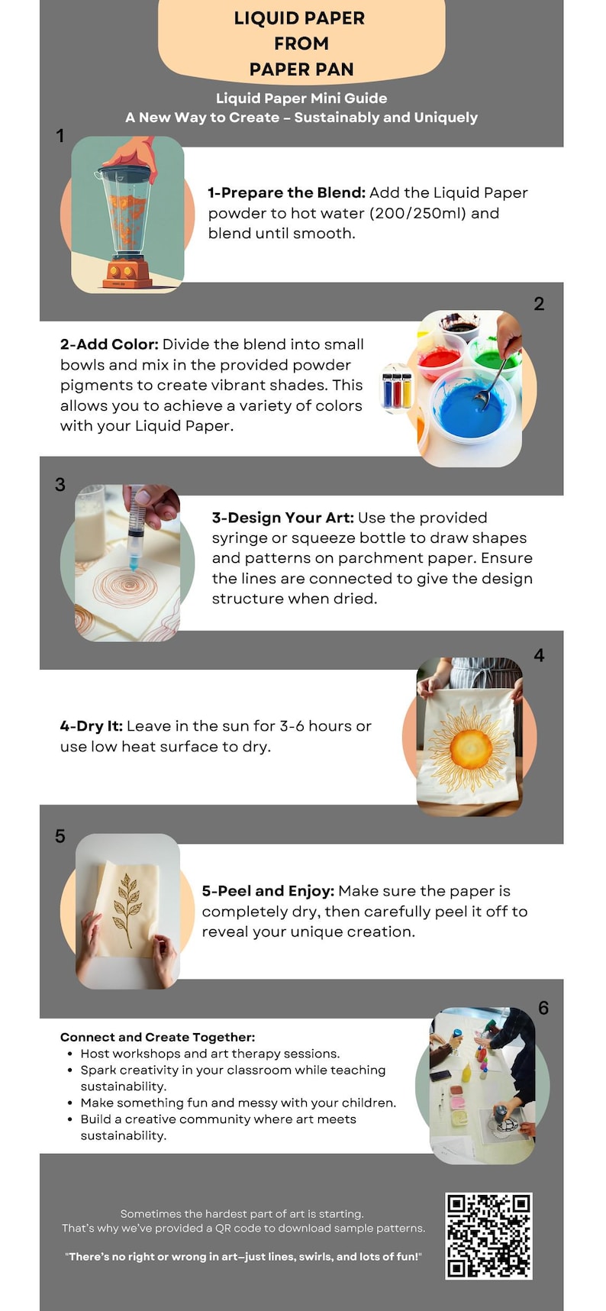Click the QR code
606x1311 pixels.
click(x=488, y=1235)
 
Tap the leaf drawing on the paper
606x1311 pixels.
click(x=127, y=909)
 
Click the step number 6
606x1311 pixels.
click(x=543, y=1008)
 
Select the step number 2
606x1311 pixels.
click(x=539, y=304)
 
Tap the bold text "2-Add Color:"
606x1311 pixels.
click(x=109, y=344)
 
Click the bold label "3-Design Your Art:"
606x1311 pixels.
click(x=283, y=518)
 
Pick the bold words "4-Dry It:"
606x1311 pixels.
click(x=92, y=726)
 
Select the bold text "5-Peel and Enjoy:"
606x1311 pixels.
click(x=268, y=891)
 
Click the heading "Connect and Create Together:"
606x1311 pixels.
click(x=158, y=1037)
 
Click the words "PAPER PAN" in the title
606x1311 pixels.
click(x=301, y=69)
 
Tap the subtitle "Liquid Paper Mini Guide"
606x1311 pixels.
click(x=301, y=98)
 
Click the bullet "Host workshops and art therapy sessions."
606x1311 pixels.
click(x=210, y=1054)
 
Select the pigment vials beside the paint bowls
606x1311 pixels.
click(x=396, y=389)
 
